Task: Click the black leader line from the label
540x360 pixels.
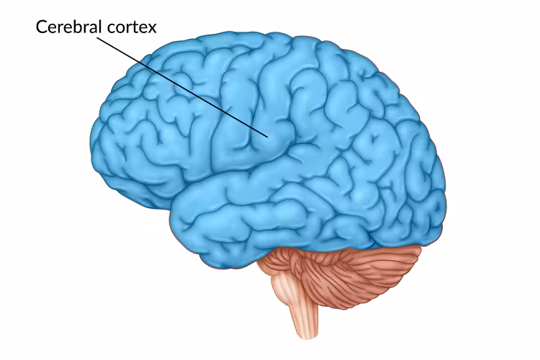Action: [x=180, y=86]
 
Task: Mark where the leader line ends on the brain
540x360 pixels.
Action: [x=268, y=136]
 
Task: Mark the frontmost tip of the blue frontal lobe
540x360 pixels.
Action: [x=91, y=144]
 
